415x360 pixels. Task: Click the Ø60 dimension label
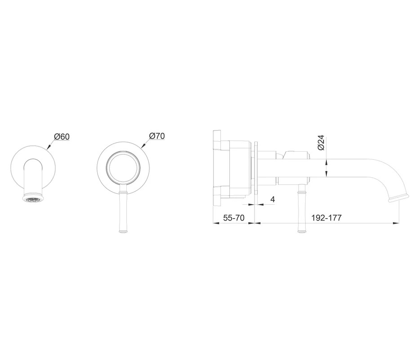[62, 137]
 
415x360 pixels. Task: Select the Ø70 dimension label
[157, 136]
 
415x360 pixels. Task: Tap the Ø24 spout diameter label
[321, 143]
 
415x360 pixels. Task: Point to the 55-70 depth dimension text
[234, 218]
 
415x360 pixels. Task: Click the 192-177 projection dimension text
[326, 218]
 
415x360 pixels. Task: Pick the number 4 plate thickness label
[272, 199]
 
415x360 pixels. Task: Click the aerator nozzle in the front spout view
[32, 199]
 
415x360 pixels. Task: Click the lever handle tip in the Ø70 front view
[123, 231]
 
